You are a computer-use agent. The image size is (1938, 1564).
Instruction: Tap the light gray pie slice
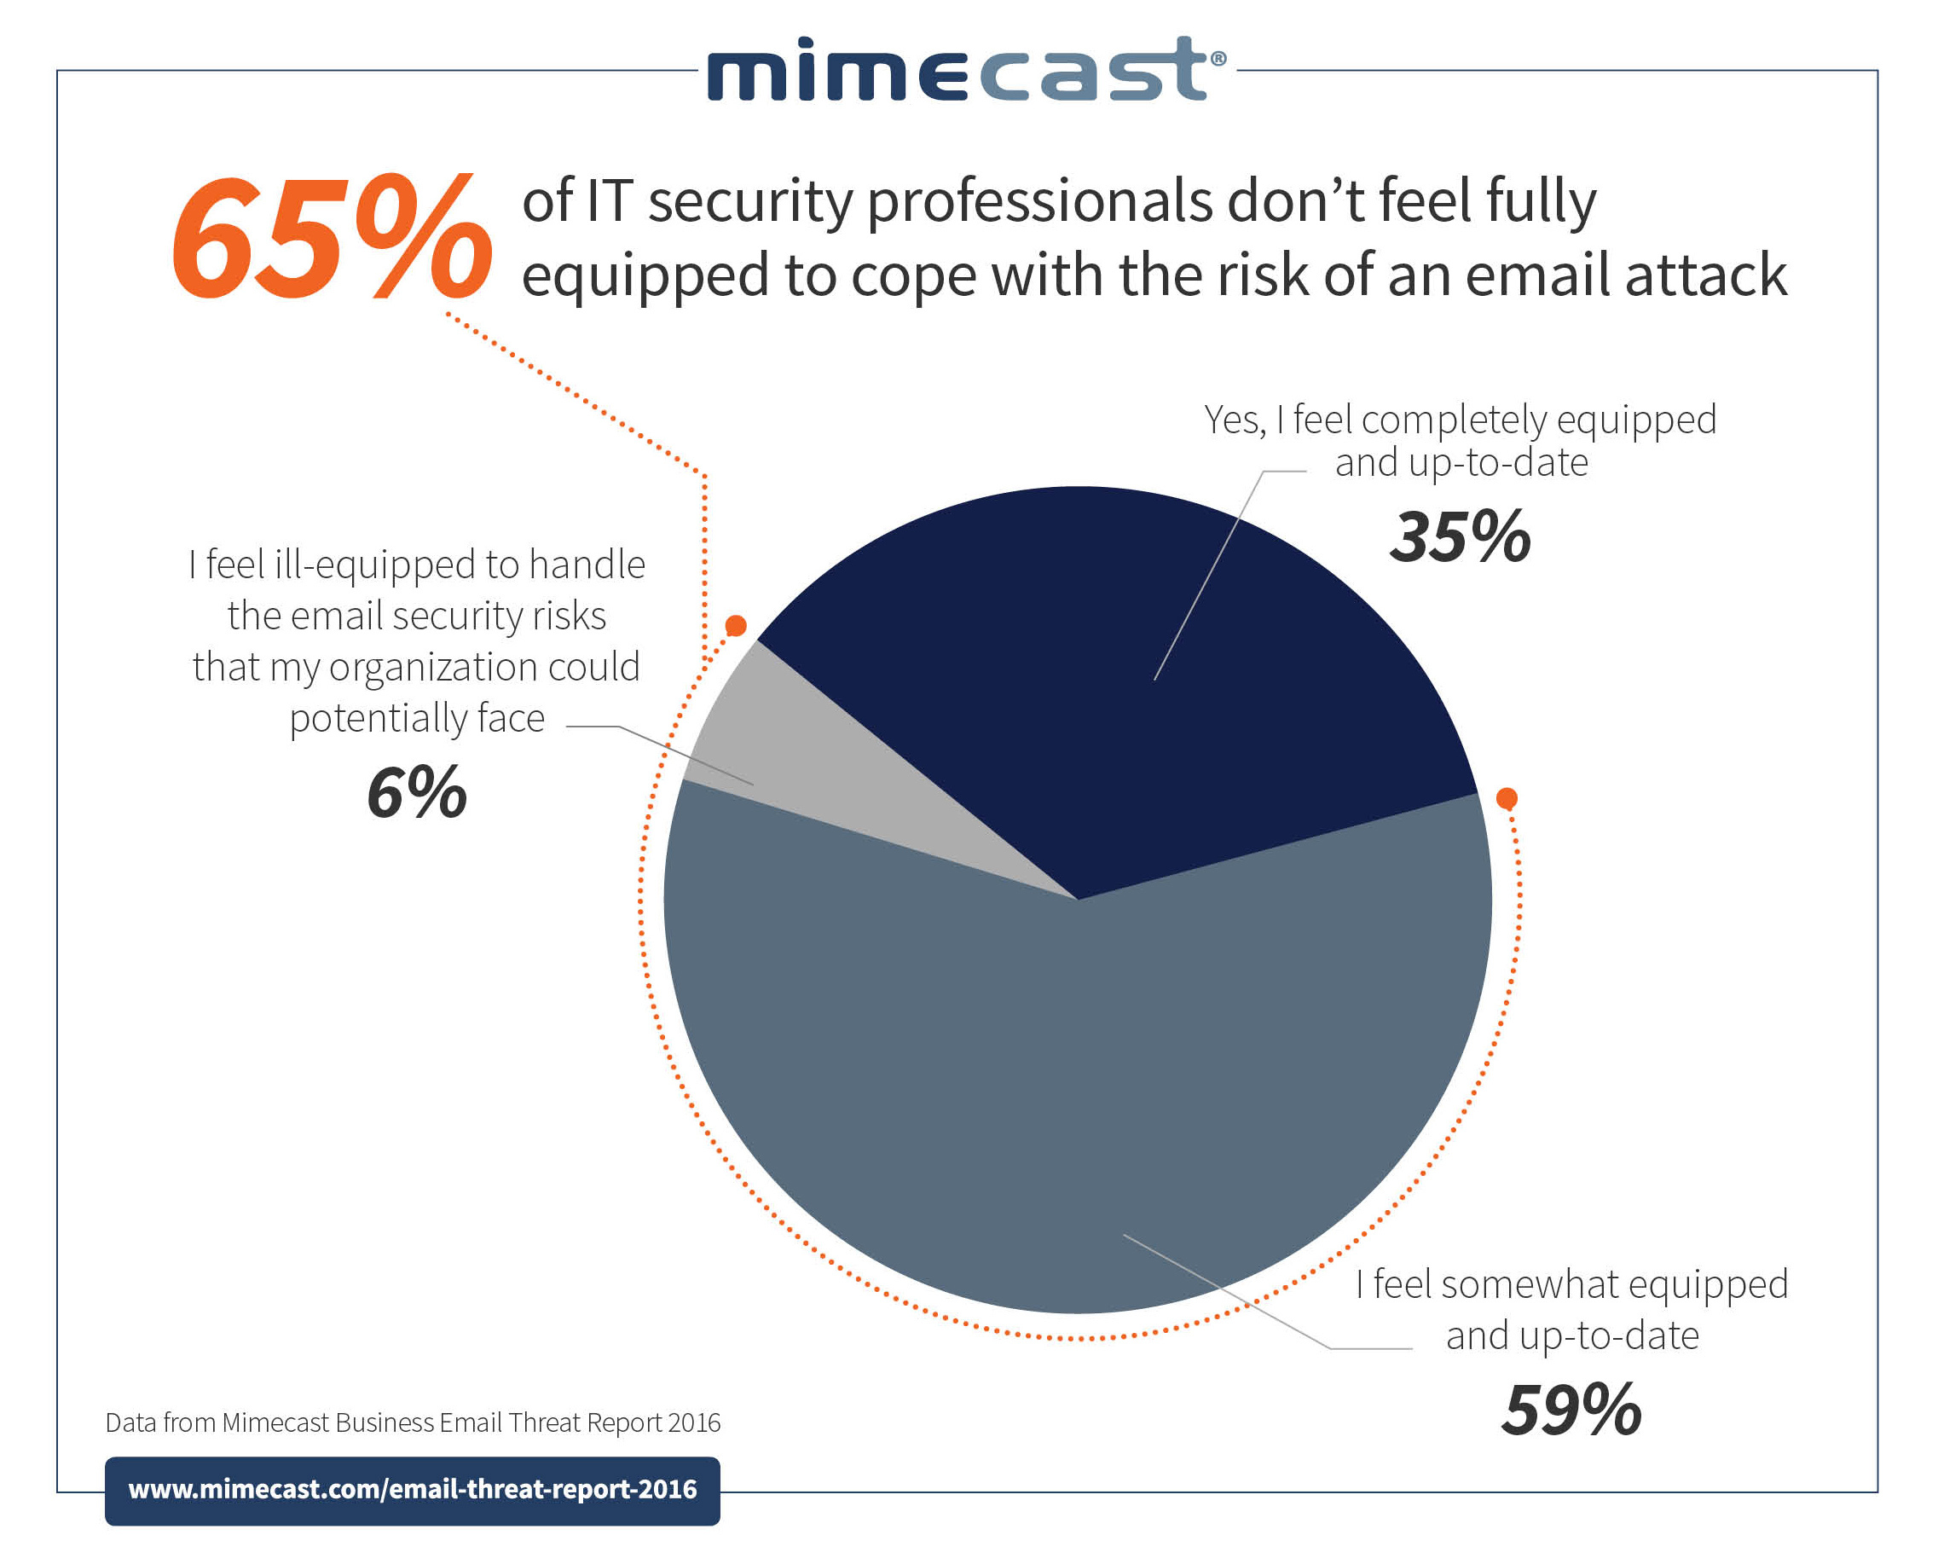pyautogui.click(x=811, y=766)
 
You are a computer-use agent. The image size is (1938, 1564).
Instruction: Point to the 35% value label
pyautogui.click(x=1459, y=538)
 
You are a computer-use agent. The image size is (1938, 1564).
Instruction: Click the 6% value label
pyautogui.click(x=416, y=793)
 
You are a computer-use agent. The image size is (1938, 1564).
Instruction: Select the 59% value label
pyautogui.click(x=1571, y=1410)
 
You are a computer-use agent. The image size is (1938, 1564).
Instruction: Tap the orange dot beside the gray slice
pyautogui.click(x=736, y=625)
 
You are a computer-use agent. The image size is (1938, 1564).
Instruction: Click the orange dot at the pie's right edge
pyautogui.click(x=1507, y=798)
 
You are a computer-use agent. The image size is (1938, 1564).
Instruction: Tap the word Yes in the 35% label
pyautogui.click(x=1234, y=420)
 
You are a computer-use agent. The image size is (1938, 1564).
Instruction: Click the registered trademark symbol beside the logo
pyautogui.click(x=1218, y=58)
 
